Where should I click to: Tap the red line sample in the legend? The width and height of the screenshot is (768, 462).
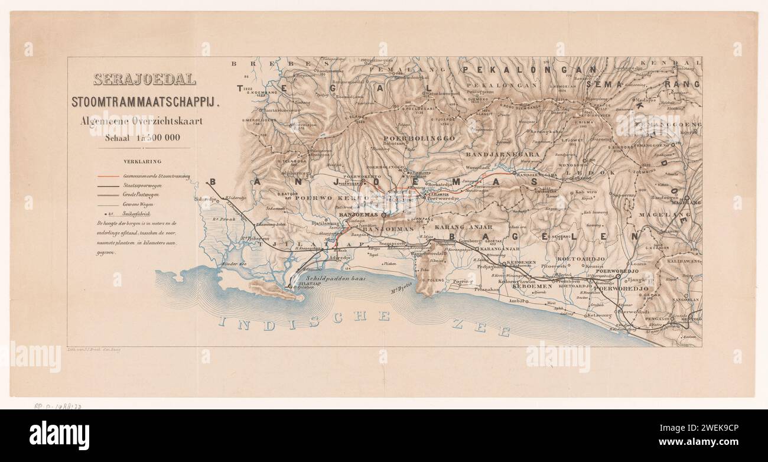click(x=109, y=176)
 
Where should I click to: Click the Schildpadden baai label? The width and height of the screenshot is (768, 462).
click(x=336, y=277)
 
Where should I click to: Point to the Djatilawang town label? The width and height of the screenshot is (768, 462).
click(x=326, y=223)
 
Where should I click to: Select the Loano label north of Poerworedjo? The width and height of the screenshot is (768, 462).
click(x=639, y=264)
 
